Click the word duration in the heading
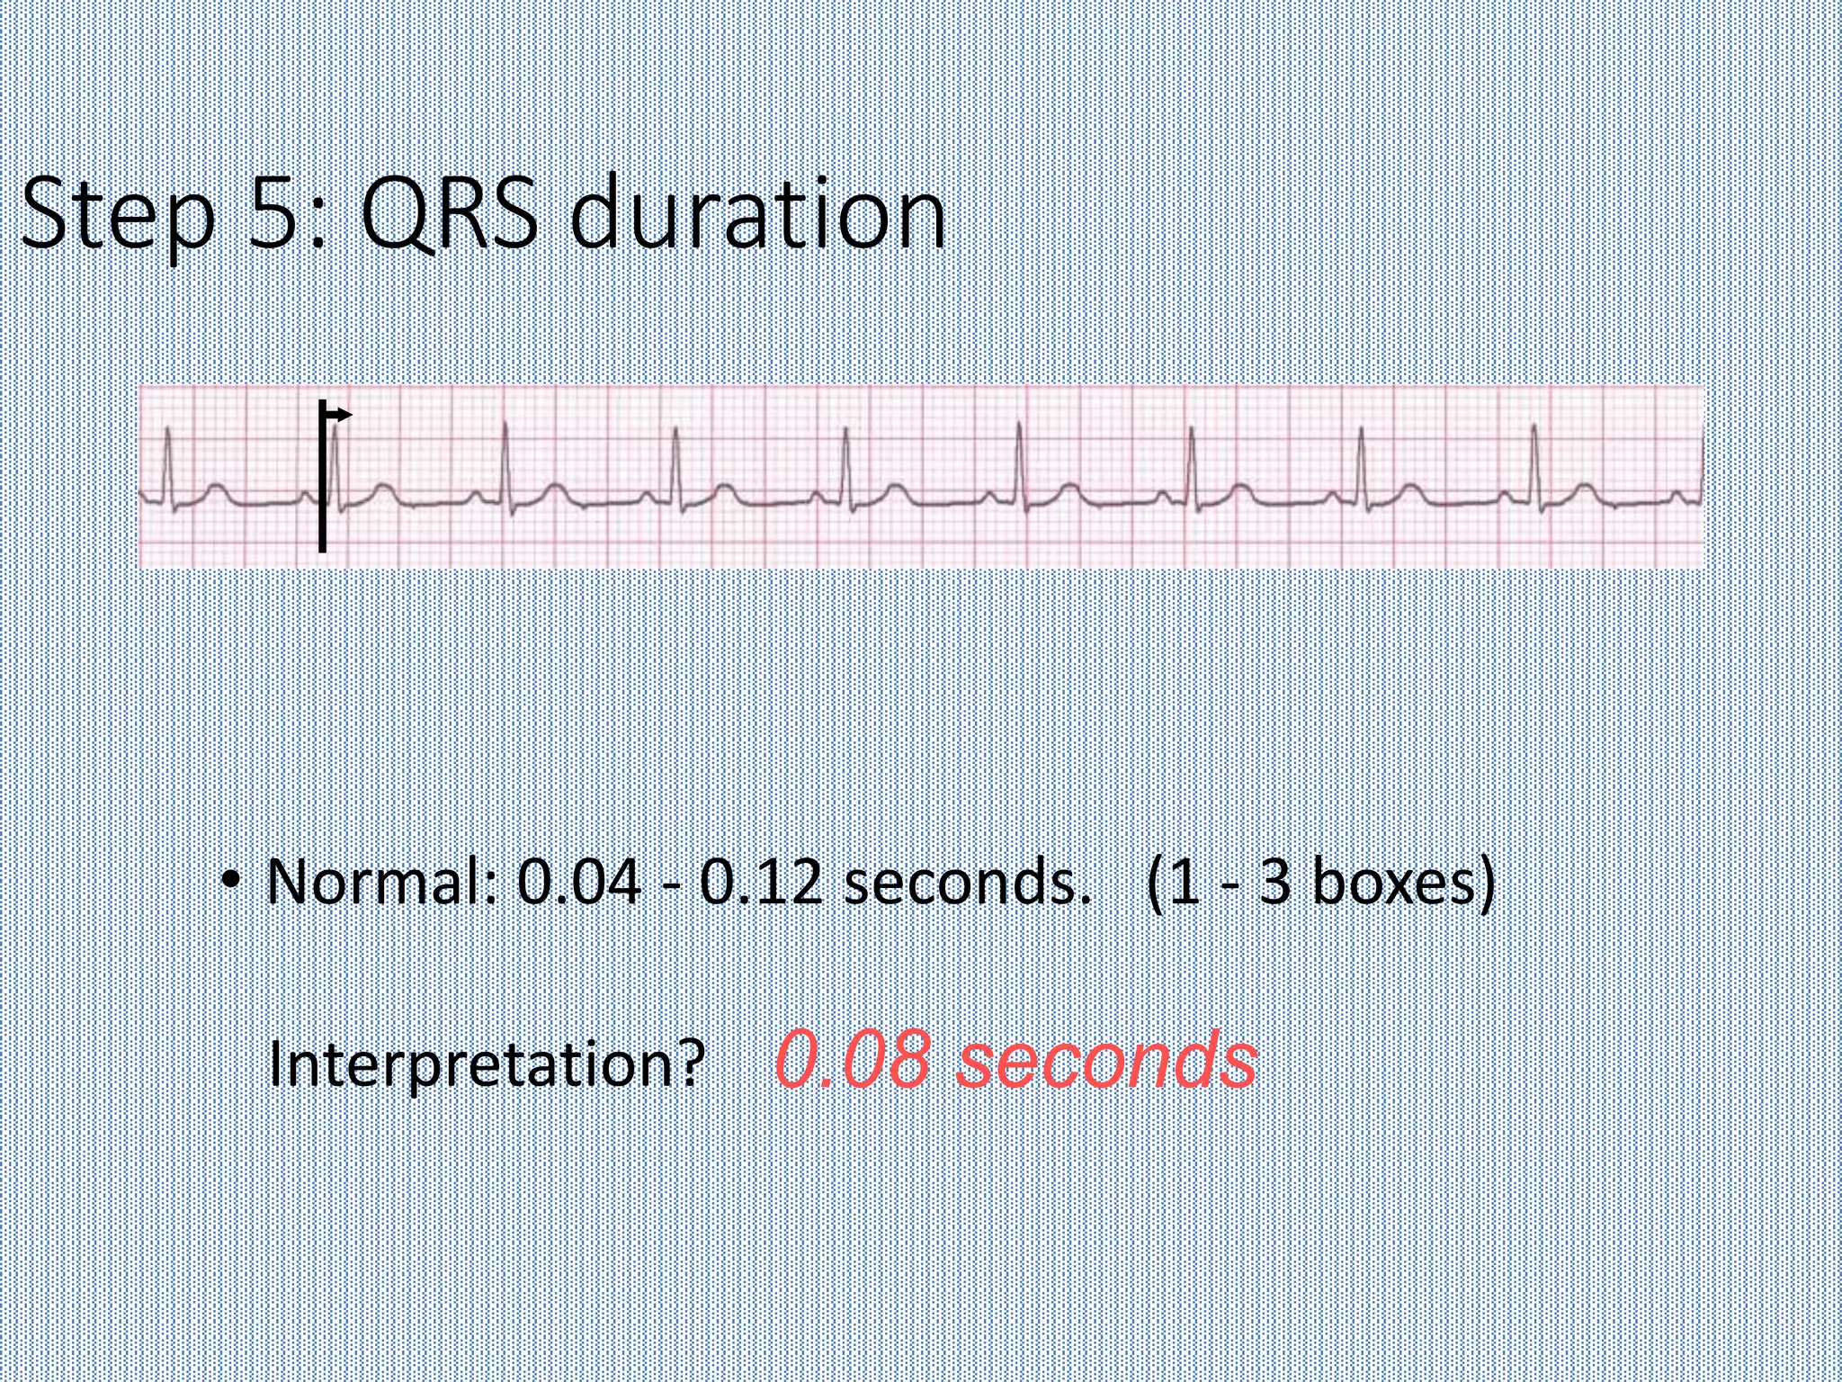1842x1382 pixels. [x=757, y=213]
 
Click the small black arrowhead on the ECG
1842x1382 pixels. [x=344, y=415]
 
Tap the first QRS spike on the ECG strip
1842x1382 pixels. [x=167, y=459]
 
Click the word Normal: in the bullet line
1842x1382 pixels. [x=381, y=882]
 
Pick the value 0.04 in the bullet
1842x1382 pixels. [x=579, y=882]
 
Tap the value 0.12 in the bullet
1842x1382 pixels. [x=761, y=882]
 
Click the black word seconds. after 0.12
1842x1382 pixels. [x=968, y=882]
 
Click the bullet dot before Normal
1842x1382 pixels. [x=232, y=878]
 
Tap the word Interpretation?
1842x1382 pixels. [x=487, y=1064]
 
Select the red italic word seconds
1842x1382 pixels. [x=1107, y=1060]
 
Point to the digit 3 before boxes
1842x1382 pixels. [x=1274, y=882]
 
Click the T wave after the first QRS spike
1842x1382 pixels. [x=215, y=489]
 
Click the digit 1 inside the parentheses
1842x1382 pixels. [x=1185, y=882]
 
